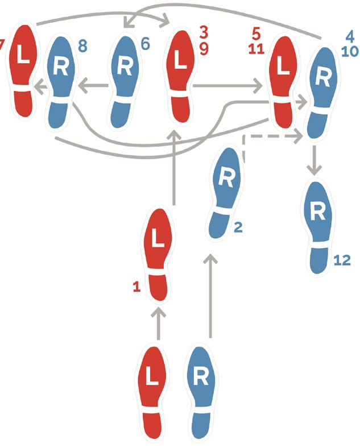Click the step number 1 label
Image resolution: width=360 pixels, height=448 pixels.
pos(137,287)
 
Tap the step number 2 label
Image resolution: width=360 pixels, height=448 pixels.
pos(238,227)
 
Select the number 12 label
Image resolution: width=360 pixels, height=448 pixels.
pos(342,260)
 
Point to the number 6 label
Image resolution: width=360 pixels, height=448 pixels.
pos(145,44)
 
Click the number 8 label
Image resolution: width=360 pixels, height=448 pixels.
pos(82,45)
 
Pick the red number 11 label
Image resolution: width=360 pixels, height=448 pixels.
pos(256,49)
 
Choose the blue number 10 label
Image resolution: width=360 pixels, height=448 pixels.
pos(350,51)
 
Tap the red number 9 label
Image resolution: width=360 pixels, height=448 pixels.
pos(204,49)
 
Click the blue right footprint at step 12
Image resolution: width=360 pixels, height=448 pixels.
pos(318,228)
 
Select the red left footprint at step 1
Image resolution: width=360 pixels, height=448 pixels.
pos(158,254)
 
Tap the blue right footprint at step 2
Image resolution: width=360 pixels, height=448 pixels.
pos(225,193)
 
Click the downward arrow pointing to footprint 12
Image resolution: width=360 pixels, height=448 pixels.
pos(315,160)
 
